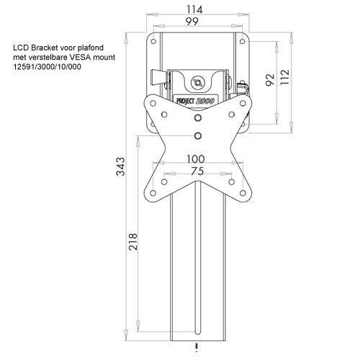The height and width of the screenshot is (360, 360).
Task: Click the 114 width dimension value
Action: (194, 9)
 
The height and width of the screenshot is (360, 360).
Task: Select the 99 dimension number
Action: (192, 22)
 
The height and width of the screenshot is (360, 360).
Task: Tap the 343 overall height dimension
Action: (121, 166)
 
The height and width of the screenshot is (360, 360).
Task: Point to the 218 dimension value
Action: (132, 242)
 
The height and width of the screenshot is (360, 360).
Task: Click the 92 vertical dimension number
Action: (270, 79)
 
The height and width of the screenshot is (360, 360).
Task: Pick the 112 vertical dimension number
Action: (285, 77)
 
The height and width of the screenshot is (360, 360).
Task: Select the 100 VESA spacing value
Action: (196, 159)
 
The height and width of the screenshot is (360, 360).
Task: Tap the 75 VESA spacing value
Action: (197, 171)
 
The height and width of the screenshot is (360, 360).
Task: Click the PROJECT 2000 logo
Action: (195, 101)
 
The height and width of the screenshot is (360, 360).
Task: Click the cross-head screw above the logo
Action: (198, 83)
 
